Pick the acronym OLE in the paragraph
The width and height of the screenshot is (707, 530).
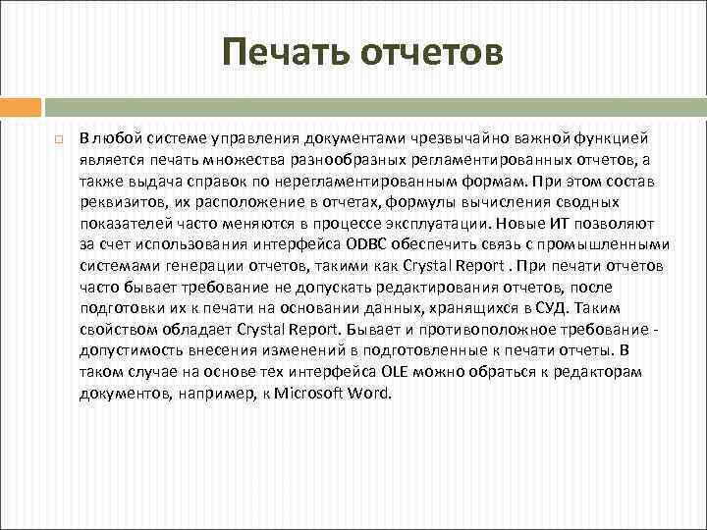tap(393, 372)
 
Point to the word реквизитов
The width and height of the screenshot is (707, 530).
tap(117, 202)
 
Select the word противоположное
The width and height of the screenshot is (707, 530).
tap(501, 330)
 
